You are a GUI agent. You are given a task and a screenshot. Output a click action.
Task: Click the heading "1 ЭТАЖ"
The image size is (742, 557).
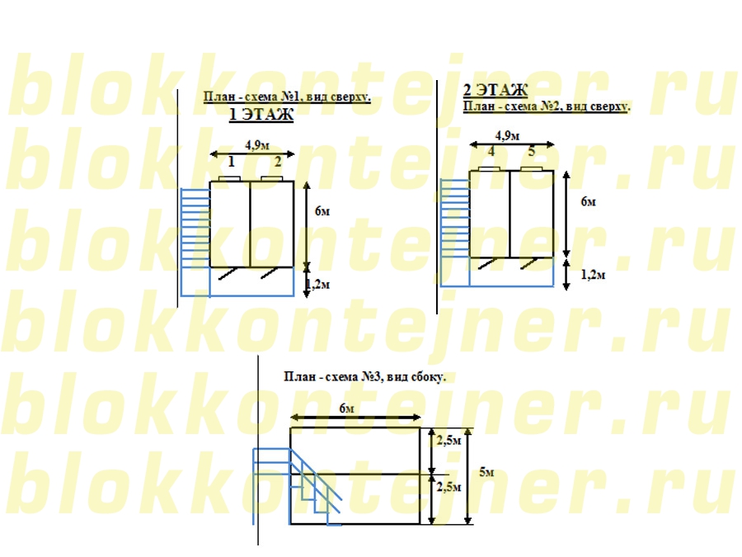[x=261, y=115]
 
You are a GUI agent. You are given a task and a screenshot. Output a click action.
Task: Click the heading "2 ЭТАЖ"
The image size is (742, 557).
[x=495, y=89]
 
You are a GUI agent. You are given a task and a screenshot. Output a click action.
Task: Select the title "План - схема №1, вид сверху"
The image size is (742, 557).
[x=286, y=97]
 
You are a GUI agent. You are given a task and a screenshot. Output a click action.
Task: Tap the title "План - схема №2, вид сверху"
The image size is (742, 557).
[x=546, y=106]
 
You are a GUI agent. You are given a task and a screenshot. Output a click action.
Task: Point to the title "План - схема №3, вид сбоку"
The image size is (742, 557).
[x=364, y=377]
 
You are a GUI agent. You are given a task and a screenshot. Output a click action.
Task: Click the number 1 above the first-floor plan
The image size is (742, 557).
[x=232, y=162]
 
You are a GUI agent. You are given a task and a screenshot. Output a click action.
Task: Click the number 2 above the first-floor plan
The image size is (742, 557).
[x=278, y=162]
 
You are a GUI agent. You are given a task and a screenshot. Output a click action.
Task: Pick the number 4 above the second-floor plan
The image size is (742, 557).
[x=491, y=152]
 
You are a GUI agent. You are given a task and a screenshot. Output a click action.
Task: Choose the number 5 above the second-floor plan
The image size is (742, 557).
[x=532, y=152]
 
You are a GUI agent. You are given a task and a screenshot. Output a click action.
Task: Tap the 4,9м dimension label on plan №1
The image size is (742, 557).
[x=257, y=145]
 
